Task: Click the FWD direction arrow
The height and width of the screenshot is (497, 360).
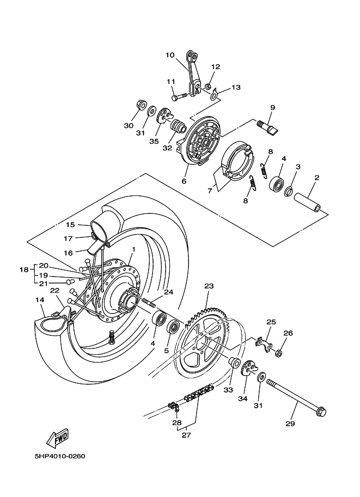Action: (x=56, y=438)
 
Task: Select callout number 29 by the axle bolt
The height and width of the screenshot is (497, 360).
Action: (x=290, y=424)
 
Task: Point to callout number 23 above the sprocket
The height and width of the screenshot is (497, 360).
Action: (x=209, y=286)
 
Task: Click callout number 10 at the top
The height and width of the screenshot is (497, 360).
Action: (x=170, y=55)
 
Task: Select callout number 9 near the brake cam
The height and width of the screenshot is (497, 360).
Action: (x=272, y=108)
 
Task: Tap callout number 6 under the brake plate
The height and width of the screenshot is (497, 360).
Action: (x=184, y=181)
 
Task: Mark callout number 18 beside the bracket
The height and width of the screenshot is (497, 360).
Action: (x=24, y=270)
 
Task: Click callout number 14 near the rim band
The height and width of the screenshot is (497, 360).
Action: (x=40, y=299)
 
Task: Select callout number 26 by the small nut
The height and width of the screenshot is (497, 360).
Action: (x=288, y=333)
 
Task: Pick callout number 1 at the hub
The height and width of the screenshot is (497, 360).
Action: (x=132, y=249)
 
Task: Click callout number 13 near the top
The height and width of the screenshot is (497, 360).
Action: (x=235, y=87)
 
